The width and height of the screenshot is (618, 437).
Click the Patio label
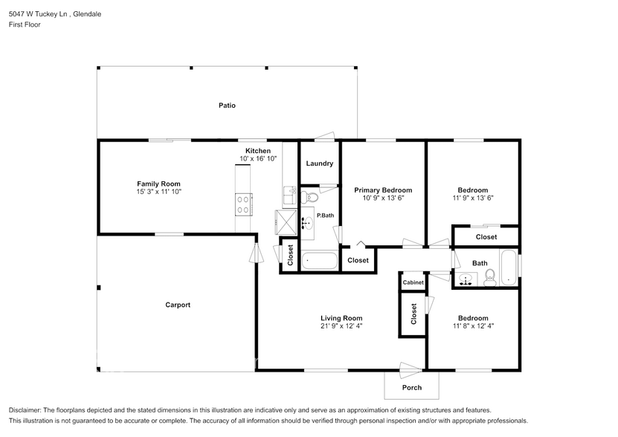[x=227, y=106]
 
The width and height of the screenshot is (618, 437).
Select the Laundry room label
[x=319, y=164]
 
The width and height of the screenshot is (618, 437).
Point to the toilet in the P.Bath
[x=311, y=197]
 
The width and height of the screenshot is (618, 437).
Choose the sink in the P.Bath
[x=306, y=222]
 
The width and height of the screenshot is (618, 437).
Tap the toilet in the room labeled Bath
[x=489, y=279]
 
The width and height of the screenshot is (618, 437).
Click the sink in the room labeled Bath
[x=466, y=279]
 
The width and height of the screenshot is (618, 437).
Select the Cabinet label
[x=413, y=282]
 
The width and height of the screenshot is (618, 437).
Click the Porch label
[x=411, y=387]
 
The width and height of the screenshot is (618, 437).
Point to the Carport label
[x=178, y=305]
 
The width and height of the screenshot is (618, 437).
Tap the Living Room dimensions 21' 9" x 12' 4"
[x=341, y=326]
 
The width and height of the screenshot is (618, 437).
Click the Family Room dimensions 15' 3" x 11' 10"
[x=158, y=192]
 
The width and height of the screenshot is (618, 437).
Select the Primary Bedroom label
[x=382, y=190]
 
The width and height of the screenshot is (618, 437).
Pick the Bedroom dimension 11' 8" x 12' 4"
[x=472, y=326]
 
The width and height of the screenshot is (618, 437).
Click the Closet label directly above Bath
[x=486, y=237]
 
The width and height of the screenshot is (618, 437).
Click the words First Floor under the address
[x=25, y=25]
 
